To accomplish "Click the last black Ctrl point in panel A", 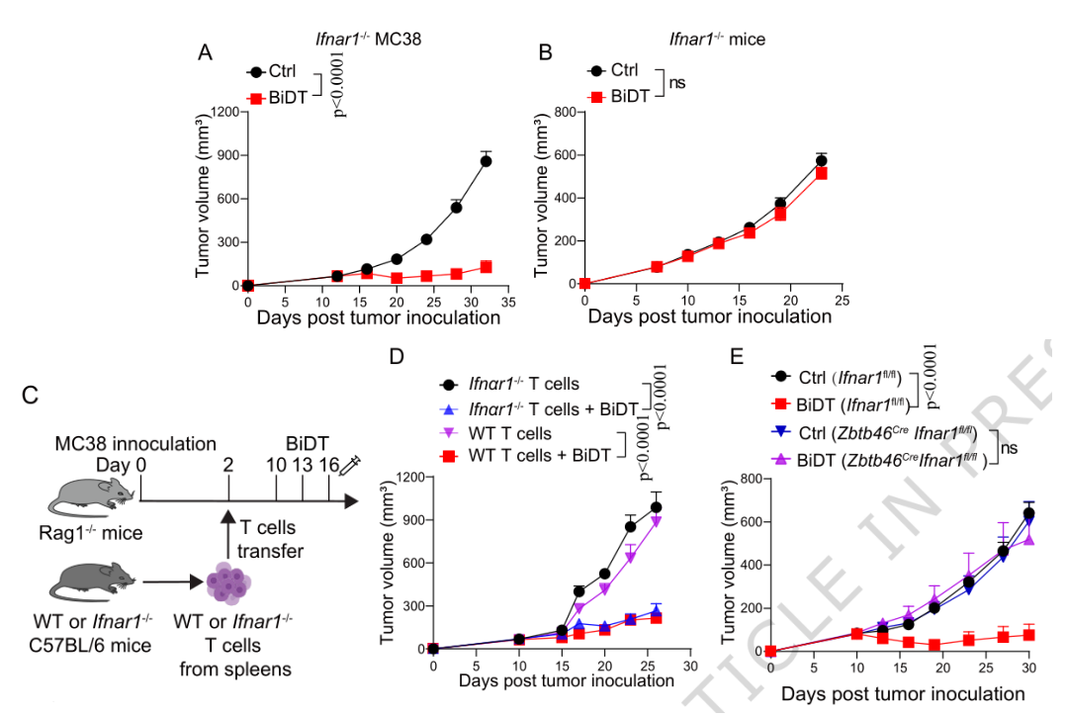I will coord(486,161).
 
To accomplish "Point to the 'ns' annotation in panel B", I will coord(677,83).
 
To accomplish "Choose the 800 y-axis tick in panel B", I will coord(565,112).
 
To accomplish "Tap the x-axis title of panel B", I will coord(709,317).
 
